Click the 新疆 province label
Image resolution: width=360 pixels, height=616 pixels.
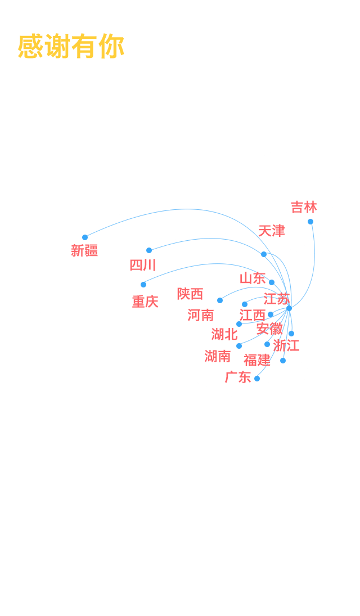click(x=84, y=251)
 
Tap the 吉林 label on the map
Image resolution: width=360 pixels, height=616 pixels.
click(x=304, y=208)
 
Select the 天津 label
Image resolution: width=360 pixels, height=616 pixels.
click(x=272, y=231)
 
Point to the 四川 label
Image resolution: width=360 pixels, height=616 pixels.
click(x=143, y=265)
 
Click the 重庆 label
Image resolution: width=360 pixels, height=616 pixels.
click(x=145, y=302)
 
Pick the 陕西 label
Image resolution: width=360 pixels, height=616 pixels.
click(x=190, y=294)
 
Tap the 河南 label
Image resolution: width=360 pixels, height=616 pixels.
click(x=201, y=315)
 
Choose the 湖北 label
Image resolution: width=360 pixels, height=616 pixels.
click(x=224, y=334)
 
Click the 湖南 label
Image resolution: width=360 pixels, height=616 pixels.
click(x=218, y=356)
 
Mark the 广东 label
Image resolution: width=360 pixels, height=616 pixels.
click(x=238, y=377)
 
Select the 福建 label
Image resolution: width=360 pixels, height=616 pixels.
click(x=257, y=360)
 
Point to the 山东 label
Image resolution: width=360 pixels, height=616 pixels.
click(x=253, y=278)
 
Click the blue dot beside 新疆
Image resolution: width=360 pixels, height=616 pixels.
click(x=85, y=237)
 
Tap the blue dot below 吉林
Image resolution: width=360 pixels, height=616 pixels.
click(x=310, y=222)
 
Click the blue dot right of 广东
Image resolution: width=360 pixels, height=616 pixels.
click(x=257, y=379)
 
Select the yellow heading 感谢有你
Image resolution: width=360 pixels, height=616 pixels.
click(x=71, y=47)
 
